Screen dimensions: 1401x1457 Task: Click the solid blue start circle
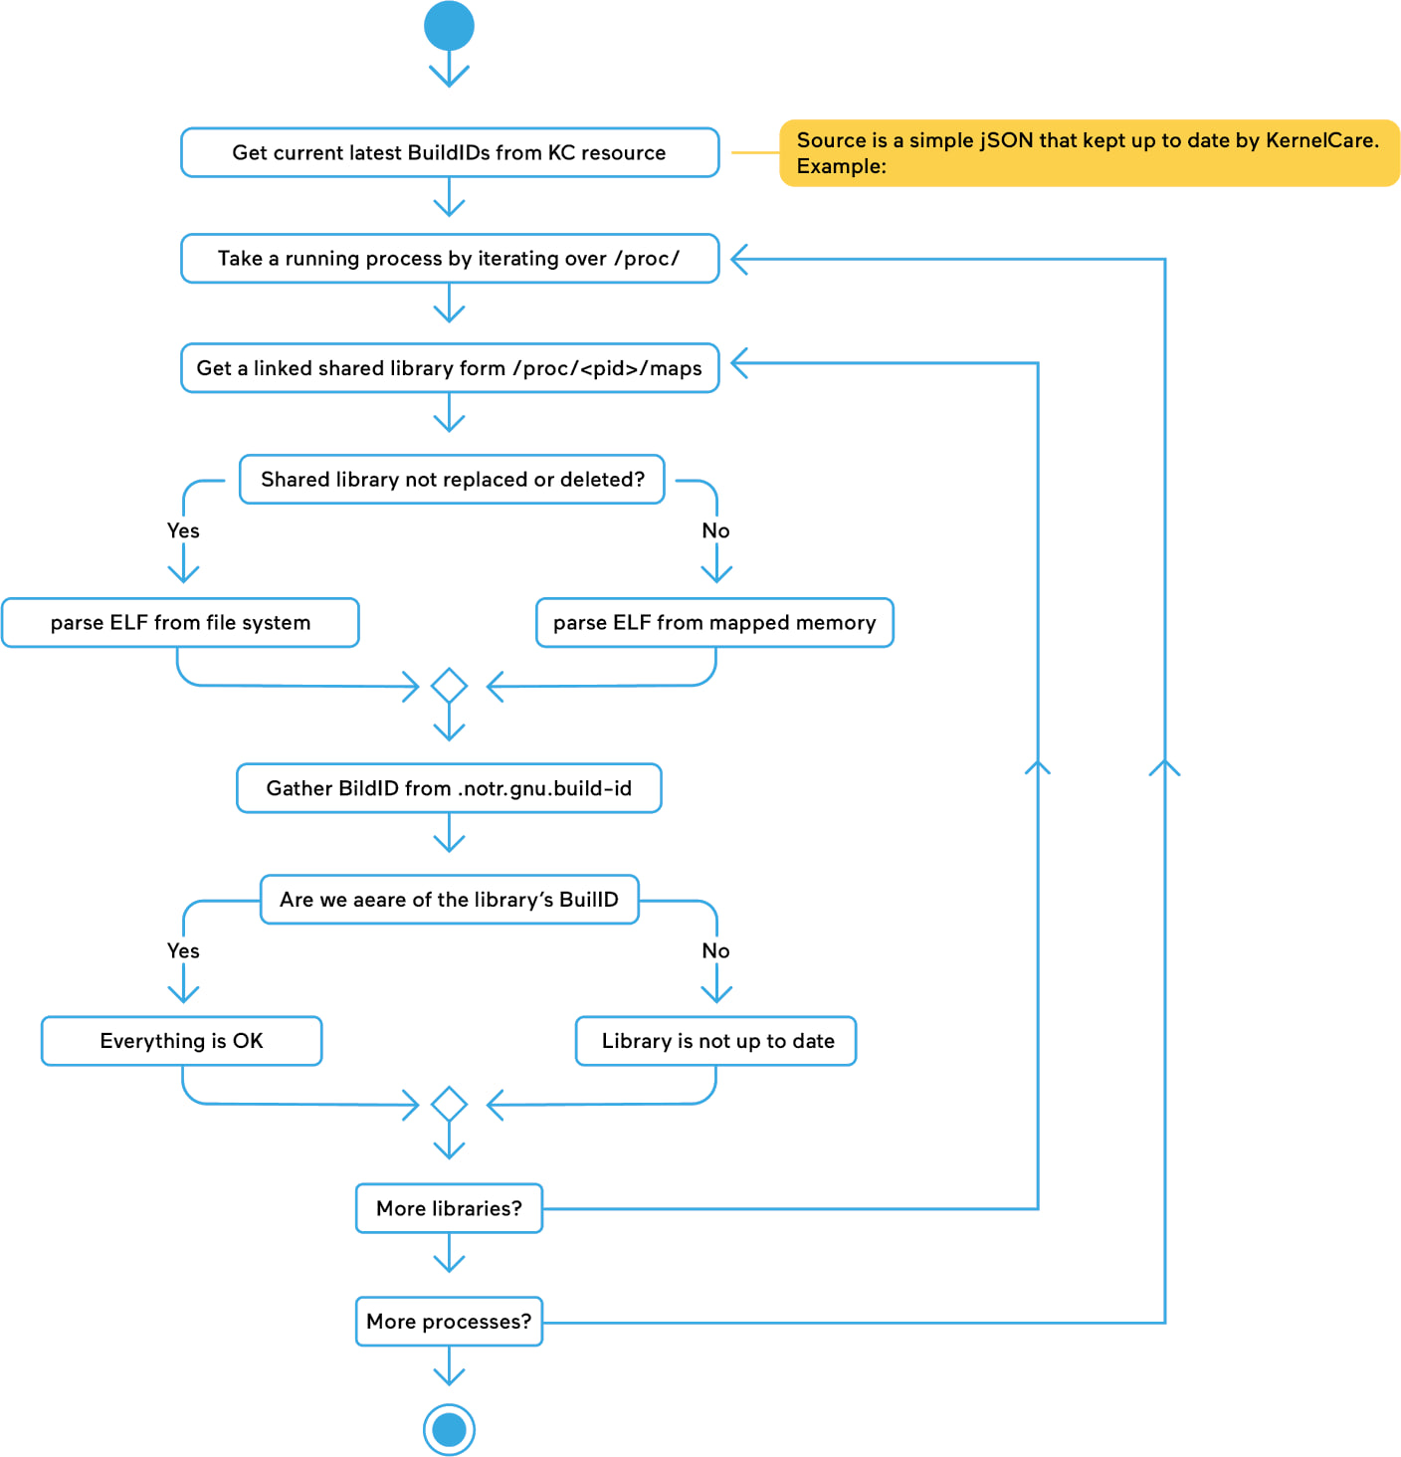click(449, 26)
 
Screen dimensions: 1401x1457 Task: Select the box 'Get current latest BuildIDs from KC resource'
click(450, 152)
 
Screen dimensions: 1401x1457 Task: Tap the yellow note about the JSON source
click(1089, 152)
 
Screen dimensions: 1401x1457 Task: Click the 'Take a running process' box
click(450, 259)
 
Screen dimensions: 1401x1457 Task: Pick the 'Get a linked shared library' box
click(450, 367)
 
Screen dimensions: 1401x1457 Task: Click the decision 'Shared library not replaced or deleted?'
click(452, 479)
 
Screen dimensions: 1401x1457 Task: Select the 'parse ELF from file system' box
click(180, 622)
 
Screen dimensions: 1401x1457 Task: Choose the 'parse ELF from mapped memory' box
click(714, 622)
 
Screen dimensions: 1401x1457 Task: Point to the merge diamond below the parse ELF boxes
click(449, 685)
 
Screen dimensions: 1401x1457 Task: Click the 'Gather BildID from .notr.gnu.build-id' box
click(449, 787)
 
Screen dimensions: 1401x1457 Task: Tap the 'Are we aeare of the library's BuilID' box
click(449, 900)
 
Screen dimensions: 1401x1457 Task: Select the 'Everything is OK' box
click(182, 1041)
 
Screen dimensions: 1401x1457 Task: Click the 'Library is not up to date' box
click(715, 1041)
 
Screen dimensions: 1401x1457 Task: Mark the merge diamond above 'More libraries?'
click(449, 1104)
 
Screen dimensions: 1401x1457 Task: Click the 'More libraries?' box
click(449, 1207)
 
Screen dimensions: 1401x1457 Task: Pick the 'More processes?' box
click(449, 1321)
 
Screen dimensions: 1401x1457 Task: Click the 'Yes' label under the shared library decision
click(183, 530)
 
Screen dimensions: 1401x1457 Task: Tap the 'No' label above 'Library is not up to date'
click(715, 950)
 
